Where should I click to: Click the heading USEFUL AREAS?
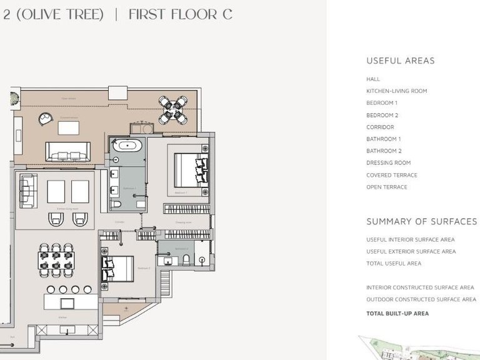point(400,61)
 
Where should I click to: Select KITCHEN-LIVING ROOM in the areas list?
point(396,91)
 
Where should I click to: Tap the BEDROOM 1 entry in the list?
point(381,103)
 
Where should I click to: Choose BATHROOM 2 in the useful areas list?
point(383,151)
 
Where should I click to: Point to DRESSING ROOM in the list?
point(388,163)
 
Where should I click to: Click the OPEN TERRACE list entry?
point(386,187)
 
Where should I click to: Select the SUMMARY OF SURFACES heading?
point(421,222)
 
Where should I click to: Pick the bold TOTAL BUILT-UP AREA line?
point(397,314)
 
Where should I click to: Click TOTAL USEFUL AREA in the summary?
point(394,264)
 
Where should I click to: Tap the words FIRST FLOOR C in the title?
point(180,14)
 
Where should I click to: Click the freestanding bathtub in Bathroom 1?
point(127,146)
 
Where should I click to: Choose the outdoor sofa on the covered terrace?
point(67,151)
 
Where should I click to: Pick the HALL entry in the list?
point(373,79)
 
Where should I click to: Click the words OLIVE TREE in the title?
point(61,14)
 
